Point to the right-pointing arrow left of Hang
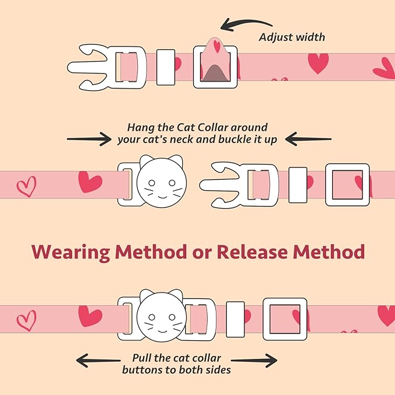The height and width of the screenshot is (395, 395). point(89,138)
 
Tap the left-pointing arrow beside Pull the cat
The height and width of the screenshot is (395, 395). point(98,361)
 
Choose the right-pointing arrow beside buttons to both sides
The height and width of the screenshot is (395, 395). point(255,361)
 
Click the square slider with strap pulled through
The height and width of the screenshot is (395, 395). point(215,67)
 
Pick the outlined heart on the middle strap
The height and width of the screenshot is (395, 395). point(26,186)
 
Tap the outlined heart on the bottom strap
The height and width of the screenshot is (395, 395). point(26,319)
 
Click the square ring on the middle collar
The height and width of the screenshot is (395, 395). point(347,184)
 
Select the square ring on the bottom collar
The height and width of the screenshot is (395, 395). point(284,319)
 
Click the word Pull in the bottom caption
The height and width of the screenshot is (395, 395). point(143,357)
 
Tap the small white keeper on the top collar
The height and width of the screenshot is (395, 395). point(166,67)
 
